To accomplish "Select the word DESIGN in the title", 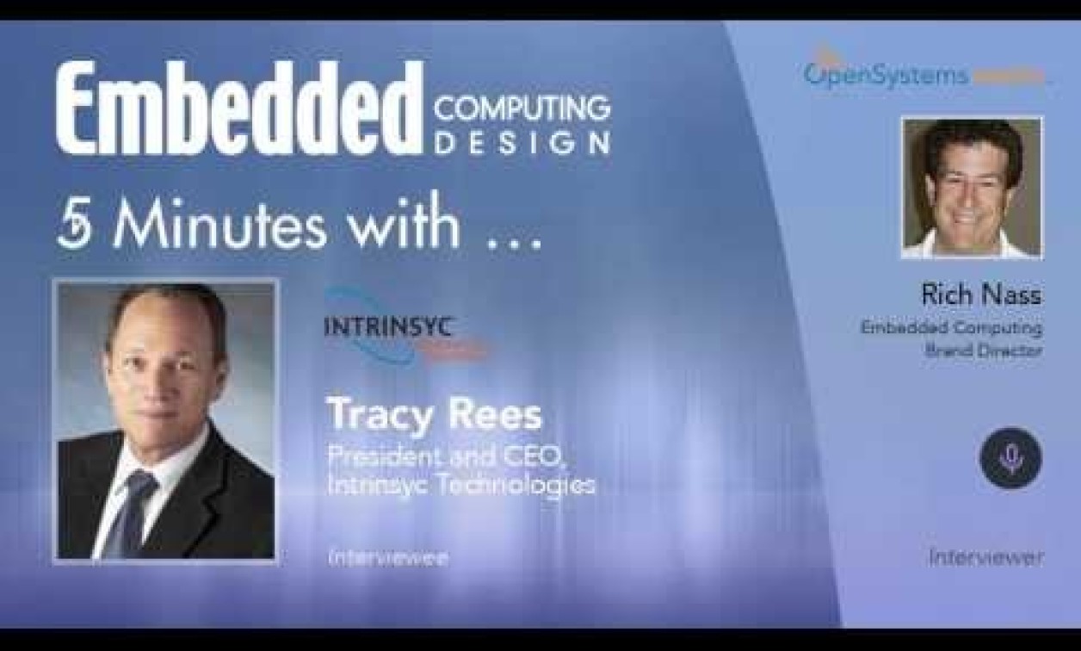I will click(x=522, y=142).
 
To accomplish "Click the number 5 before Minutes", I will click(x=73, y=226).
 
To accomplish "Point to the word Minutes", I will click(x=219, y=226).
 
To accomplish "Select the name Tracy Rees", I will click(x=434, y=415).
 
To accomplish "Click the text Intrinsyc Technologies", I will click(x=460, y=485).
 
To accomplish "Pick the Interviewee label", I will click(x=387, y=557).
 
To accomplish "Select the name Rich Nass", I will click(x=981, y=295).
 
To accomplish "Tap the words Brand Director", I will click(x=984, y=350).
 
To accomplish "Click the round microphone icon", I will click(x=1010, y=458).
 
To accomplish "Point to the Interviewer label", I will click(x=985, y=557).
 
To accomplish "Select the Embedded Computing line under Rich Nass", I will click(x=951, y=328).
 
